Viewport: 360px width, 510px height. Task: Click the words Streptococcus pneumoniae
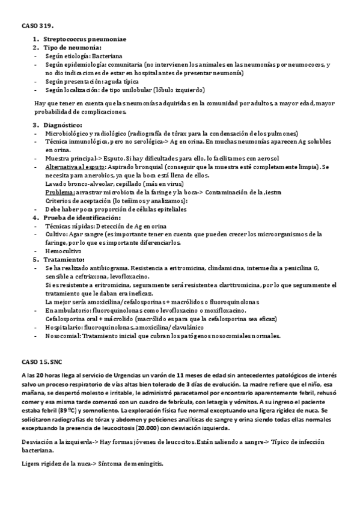point(85,39)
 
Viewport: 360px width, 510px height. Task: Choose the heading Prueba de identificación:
point(82,217)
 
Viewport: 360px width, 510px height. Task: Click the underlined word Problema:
point(59,192)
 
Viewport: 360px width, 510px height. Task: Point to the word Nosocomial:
point(63,335)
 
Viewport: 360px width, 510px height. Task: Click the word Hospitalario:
point(64,327)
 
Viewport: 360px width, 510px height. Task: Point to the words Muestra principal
point(69,158)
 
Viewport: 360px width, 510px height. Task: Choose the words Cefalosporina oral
point(76,318)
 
